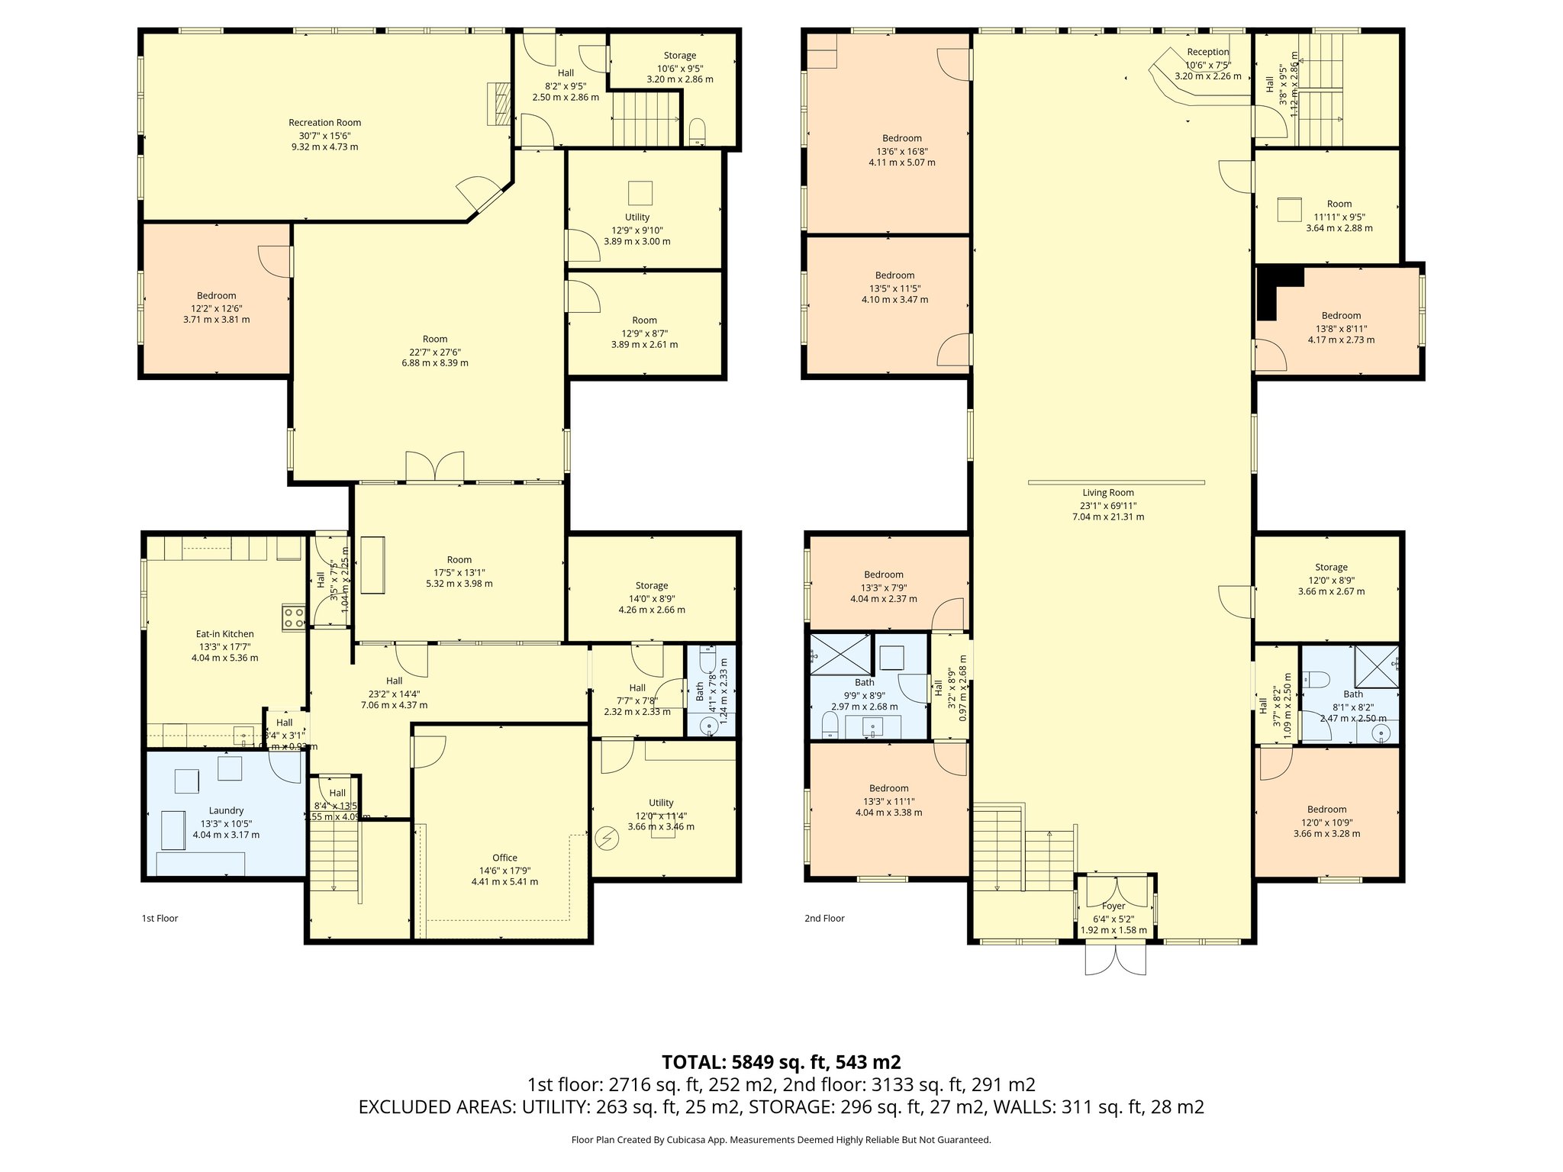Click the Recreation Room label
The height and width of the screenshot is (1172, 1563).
(x=324, y=123)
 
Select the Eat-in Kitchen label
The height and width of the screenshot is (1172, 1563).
(x=224, y=634)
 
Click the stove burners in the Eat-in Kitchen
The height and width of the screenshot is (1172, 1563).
(x=294, y=617)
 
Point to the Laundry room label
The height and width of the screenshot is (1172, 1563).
(x=226, y=810)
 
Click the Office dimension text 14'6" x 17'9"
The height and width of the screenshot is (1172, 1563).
(x=504, y=870)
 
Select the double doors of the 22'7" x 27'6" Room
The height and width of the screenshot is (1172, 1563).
(x=434, y=467)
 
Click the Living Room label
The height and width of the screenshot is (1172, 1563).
(x=1107, y=493)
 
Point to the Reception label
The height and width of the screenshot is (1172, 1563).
(x=1207, y=53)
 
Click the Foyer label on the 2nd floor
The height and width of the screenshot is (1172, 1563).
(x=1113, y=906)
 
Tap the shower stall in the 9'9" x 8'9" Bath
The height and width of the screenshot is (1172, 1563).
(x=840, y=654)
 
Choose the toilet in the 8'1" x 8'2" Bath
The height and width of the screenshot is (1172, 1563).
(x=1317, y=678)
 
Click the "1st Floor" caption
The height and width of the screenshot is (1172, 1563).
(x=160, y=919)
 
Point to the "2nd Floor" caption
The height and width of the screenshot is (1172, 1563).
(x=824, y=919)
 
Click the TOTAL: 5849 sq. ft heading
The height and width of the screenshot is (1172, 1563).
(x=781, y=1061)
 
